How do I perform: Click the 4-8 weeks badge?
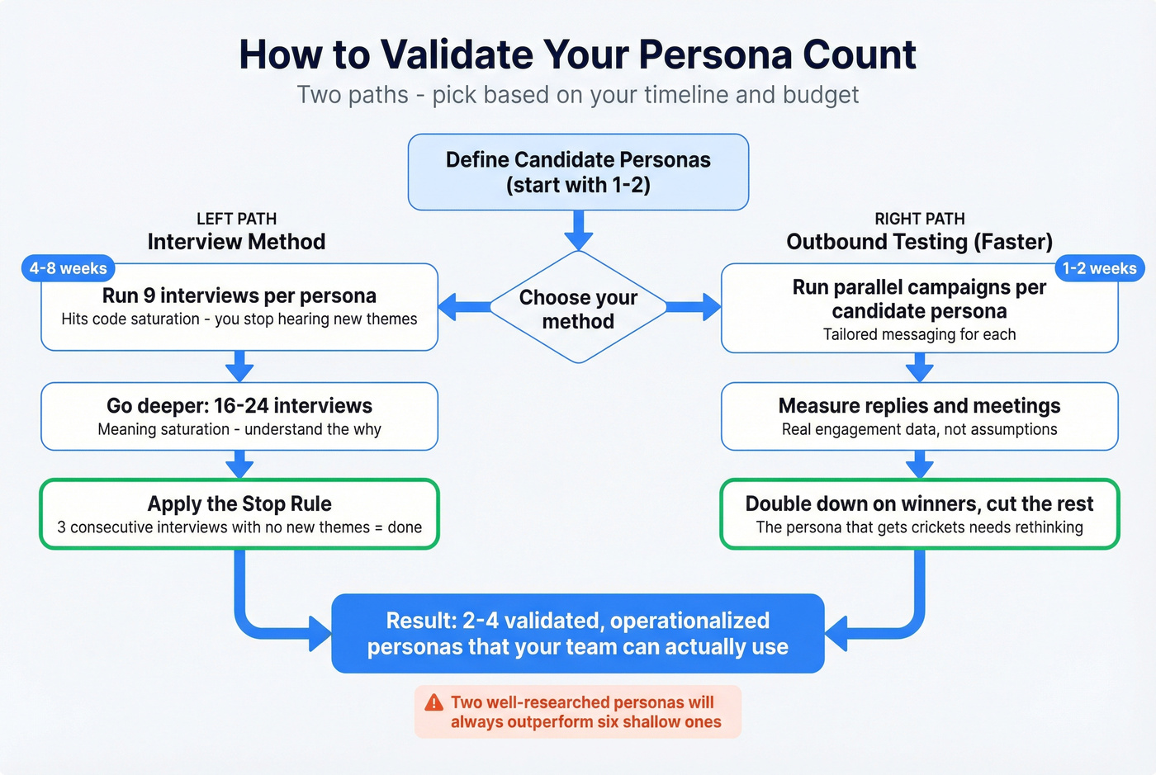[x=68, y=268]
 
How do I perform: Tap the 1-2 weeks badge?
[x=1099, y=268]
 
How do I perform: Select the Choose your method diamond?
[x=578, y=308]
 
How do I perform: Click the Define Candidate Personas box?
[x=578, y=172]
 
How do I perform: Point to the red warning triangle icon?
[x=433, y=702]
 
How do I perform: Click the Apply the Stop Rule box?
[x=239, y=514]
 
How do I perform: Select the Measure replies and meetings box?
[x=919, y=416]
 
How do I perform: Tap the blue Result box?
[x=578, y=633]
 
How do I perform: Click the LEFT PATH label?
[x=236, y=219]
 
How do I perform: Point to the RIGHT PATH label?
[x=919, y=219]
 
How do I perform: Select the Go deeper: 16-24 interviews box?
[x=239, y=416]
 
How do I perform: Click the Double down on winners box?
[x=919, y=514]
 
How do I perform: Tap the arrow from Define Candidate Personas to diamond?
[x=578, y=229]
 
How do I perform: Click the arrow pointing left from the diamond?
[x=462, y=307]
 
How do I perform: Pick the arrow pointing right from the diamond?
[x=694, y=307]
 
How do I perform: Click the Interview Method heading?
[x=236, y=242]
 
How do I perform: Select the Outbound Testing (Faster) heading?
[x=919, y=242]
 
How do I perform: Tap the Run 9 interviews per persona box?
[x=239, y=307]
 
